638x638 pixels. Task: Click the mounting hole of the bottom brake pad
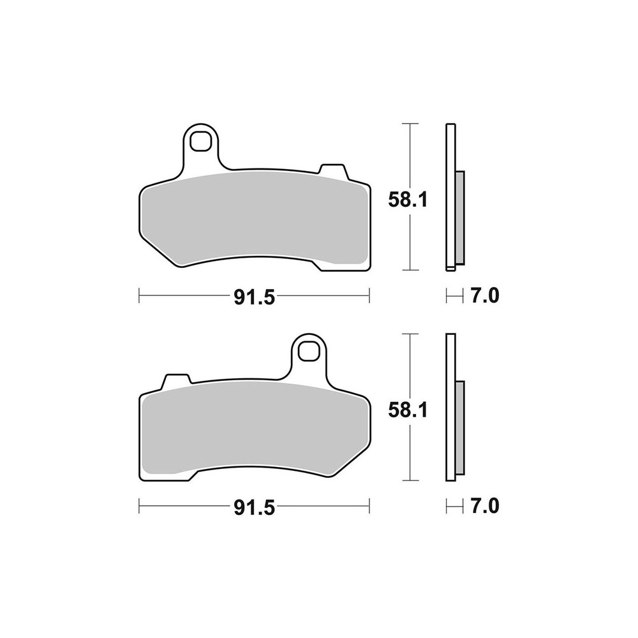(x=308, y=351)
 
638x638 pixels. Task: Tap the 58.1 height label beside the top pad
(x=408, y=200)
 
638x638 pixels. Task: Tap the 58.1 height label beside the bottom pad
(x=408, y=410)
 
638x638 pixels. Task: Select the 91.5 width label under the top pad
(x=255, y=298)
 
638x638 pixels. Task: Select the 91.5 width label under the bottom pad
(x=255, y=508)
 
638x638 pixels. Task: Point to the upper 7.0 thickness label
(x=485, y=296)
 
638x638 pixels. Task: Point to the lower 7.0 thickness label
(x=485, y=506)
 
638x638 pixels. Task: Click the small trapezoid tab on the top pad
(x=333, y=171)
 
